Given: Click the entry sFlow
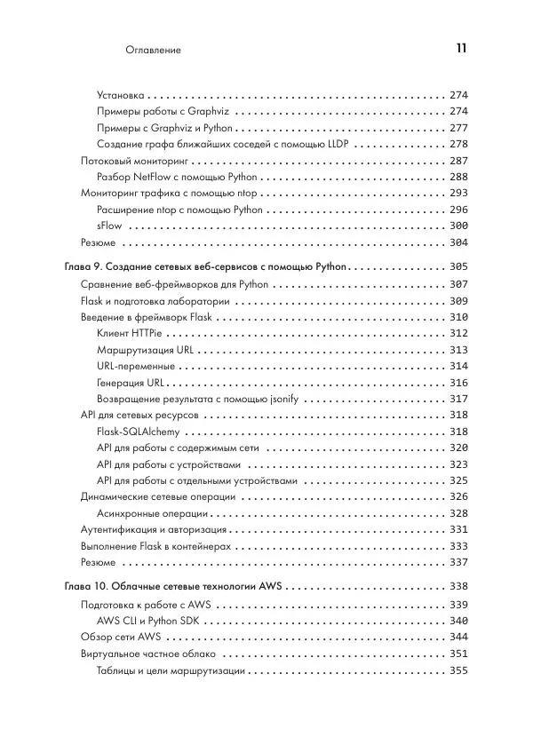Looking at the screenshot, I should click(x=109, y=226).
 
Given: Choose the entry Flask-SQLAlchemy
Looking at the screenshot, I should click(x=138, y=432).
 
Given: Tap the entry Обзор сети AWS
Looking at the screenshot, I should click(x=120, y=637).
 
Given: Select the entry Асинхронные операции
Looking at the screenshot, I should click(x=152, y=513).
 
